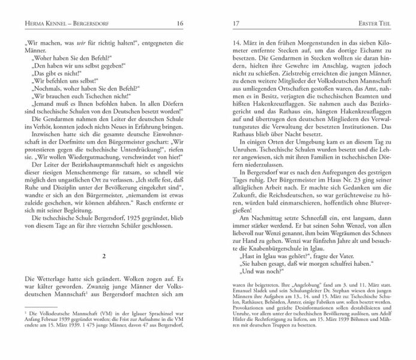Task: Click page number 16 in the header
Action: [180, 7]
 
